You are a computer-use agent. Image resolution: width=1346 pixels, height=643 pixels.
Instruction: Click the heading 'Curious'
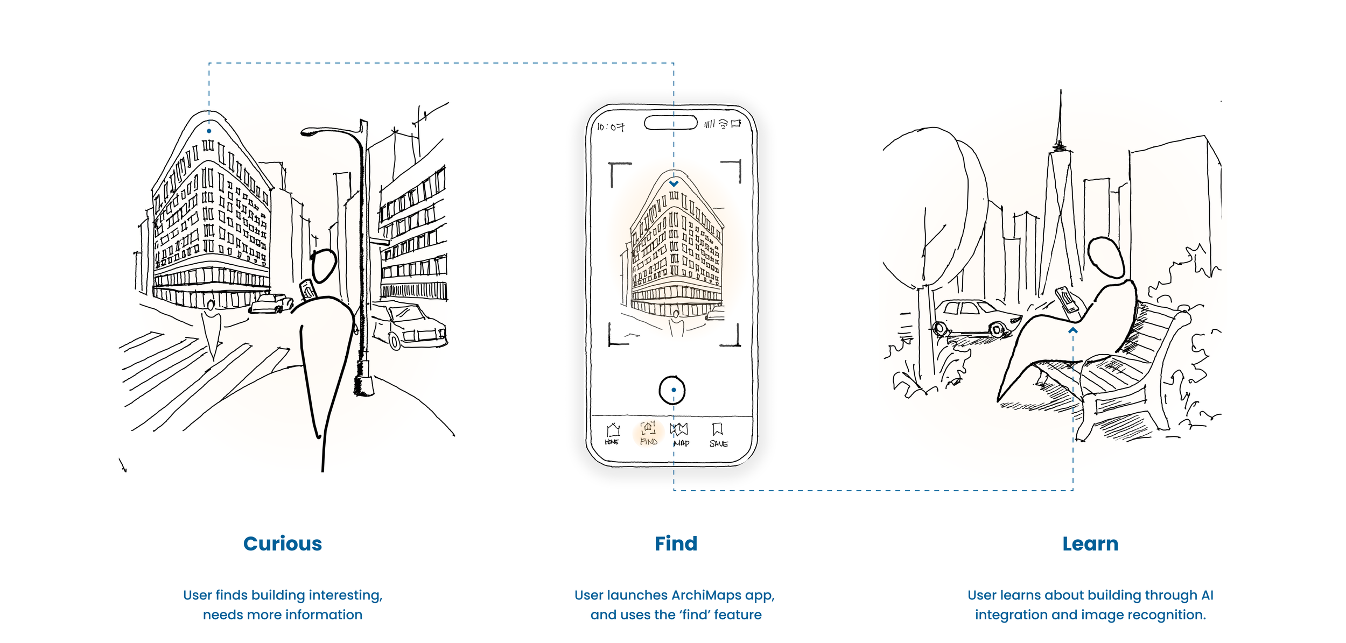(x=282, y=544)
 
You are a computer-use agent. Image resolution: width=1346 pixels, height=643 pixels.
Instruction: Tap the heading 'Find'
(x=676, y=544)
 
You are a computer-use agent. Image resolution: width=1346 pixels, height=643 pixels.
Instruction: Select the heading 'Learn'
(x=1090, y=544)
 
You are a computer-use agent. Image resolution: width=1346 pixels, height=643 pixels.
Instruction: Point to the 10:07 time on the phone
(x=611, y=127)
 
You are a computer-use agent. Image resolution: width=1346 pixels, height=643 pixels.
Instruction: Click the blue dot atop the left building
(x=209, y=131)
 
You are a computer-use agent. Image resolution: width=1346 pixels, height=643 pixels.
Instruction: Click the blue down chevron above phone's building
(x=674, y=183)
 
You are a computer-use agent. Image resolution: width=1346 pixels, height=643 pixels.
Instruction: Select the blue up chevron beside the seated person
(x=1073, y=330)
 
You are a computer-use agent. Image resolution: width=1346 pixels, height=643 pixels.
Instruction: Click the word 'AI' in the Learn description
(x=1207, y=595)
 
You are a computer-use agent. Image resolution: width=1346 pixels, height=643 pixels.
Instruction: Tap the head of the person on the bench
(x=1106, y=258)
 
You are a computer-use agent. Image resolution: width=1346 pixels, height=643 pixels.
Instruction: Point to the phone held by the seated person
(x=1066, y=299)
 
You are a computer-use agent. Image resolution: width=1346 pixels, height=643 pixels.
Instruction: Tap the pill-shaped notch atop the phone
(x=671, y=123)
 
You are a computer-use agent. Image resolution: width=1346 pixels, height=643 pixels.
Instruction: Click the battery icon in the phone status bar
(x=736, y=123)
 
